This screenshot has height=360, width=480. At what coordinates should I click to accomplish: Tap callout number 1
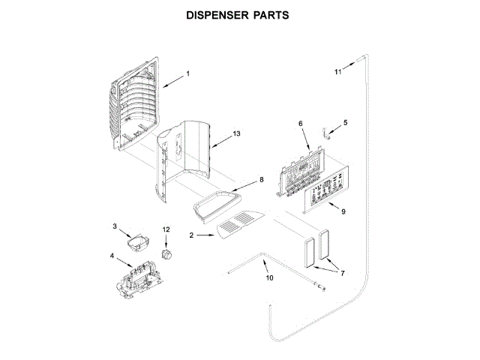point(187,73)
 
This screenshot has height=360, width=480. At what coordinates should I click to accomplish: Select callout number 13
point(236,133)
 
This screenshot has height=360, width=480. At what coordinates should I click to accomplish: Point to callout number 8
point(262,179)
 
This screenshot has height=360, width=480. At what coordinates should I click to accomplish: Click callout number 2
point(192,235)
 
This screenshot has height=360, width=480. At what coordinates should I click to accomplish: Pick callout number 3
point(115,226)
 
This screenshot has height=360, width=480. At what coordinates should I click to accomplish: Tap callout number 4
point(112,256)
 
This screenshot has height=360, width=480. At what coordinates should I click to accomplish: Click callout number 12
point(166,229)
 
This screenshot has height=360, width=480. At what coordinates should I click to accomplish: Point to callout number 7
point(342,274)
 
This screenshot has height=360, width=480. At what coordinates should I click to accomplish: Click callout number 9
point(343,212)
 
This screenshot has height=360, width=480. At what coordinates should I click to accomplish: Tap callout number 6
point(300,123)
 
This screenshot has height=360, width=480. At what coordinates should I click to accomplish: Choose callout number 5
point(345,121)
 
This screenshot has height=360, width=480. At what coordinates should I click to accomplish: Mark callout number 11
point(337,72)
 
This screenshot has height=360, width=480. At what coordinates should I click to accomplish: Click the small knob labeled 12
point(168,250)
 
